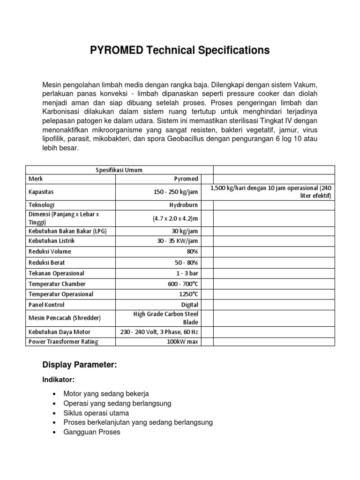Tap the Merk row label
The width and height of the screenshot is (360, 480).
(35, 179)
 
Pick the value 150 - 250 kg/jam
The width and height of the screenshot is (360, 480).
(172, 192)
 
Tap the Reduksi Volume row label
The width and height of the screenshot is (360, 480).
(50, 252)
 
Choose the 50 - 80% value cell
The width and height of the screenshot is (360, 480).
(186, 262)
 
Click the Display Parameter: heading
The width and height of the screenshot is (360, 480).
(79, 365)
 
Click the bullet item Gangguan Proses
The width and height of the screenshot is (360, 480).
(92, 432)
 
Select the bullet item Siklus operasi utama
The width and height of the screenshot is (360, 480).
(96, 413)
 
